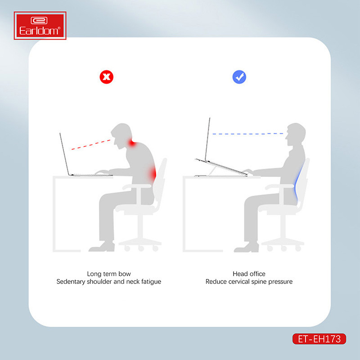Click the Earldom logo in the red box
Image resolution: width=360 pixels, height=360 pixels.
pos(40,26)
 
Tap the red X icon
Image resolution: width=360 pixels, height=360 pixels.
pos(107,77)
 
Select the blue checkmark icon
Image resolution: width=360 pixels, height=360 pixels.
pos(239,77)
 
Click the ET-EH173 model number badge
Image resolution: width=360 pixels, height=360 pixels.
pos(319,339)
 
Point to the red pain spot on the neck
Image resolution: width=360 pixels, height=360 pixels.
pos(132,143)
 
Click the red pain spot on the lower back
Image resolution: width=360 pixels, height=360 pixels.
pos(153,174)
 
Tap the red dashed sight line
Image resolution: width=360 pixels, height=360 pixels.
pos(91,144)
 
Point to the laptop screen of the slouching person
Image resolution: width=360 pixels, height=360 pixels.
pos(64,154)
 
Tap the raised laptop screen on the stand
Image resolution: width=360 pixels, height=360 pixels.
pos(207,139)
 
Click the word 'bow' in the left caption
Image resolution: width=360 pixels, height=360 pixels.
pos(125,274)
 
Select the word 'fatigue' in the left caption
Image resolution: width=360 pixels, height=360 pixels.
pos(151,282)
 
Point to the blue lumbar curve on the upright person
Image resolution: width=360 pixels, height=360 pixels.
pos(297,184)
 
